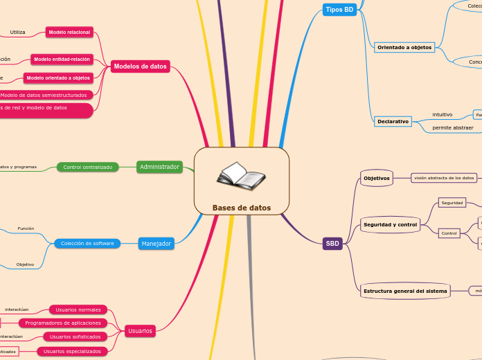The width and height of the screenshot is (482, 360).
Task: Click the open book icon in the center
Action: (x=241, y=177)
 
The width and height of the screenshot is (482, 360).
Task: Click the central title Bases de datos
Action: (x=242, y=208)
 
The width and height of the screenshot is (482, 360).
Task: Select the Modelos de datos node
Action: (x=141, y=66)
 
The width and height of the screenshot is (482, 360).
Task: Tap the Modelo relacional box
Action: (x=69, y=32)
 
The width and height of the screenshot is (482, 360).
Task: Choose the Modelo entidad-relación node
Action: (x=62, y=60)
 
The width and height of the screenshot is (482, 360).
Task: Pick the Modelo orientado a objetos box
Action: (x=58, y=78)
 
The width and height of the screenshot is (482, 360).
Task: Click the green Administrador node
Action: (x=159, y=167)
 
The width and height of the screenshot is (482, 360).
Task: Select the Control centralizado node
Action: (x=87, y=167)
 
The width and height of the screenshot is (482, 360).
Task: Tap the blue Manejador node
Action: (x=156, y=244)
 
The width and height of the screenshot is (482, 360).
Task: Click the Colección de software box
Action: (x=87, y=243)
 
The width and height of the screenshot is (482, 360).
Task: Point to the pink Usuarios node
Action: (x=140, y=331)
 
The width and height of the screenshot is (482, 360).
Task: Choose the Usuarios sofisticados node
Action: (x=77, y=336)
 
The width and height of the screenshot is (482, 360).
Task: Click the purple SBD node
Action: (x=332, y=244)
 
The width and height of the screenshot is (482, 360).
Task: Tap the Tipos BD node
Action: (x=339, y=9)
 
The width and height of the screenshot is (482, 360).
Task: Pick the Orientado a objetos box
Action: (x=404, y=48)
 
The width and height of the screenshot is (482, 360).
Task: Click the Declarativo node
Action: (x=393, y=121)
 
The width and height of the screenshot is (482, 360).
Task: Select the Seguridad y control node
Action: (x=390, y=225)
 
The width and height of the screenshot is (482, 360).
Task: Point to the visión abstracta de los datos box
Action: (x=444, y=178)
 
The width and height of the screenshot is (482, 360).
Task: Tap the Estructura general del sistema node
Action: (x=405, y=291)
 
